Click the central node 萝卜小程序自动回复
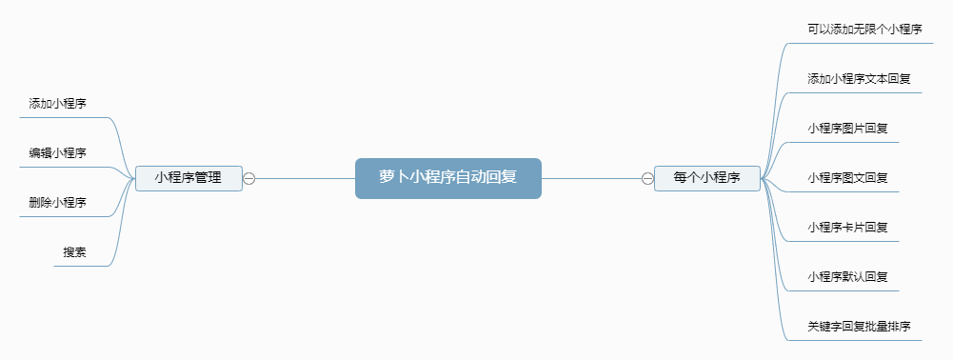pyautogui.click(x=447, y=177)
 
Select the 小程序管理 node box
pyautogui.click(x=189, y=177)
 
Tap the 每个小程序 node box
pyautogui.click(x=706, y=177)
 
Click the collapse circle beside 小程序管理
pyautogui.click(x=249, y=178)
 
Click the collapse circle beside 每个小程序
pyautogui.click(x=647, y=178)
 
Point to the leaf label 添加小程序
pyautogui.click(x=57, y=103)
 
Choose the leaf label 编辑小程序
pyautogui.click(x=57, y=152)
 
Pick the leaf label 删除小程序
pyautogui.click(x=57, y=202)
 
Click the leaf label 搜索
pyautogui.click(x=75, y=251)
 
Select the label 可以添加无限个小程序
pyautogui.click(x=864, y=30)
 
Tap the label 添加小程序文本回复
pyautogui.click(x=859, y=79)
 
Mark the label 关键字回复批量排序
pyautogui.click(x=859, y=327)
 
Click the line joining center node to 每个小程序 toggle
pyautogui.click(x=590, y=178)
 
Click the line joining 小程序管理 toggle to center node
pyautogui.click(x=305, y=178)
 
